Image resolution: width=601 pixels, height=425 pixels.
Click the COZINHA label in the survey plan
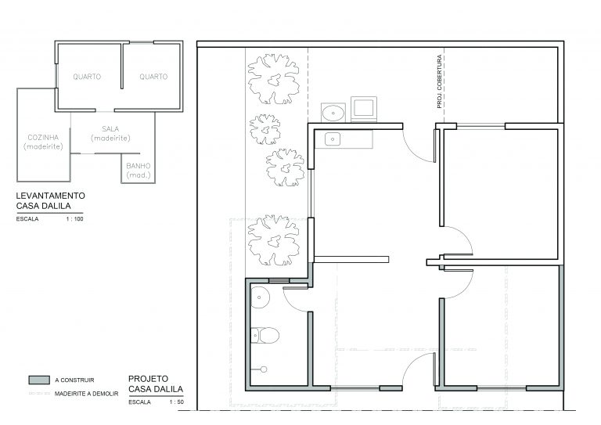pos(43,137)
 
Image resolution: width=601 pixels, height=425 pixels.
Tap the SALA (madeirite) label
pos(110,133)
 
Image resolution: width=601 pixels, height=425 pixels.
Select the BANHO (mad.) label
pos(139,171)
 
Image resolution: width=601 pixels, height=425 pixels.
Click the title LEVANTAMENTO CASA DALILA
pos(50,200)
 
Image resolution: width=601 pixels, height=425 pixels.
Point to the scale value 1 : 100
pos(75,219)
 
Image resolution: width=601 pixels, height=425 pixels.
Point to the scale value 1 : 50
pos(177,402)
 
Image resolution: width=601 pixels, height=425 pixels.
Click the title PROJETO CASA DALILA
pos(156,384)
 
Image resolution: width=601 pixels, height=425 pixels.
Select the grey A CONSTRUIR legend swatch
pos(39,380)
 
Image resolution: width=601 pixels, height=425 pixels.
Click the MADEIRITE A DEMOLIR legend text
pos(86,394)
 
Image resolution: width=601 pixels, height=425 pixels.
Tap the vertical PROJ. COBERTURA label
pos(439,81)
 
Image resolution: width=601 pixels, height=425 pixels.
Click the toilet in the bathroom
pos(265,335)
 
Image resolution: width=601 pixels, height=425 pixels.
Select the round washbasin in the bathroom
pos(261,297)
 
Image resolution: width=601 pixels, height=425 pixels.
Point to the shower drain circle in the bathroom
pos(263,369)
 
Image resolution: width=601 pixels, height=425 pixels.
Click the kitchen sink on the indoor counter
pos(333,139)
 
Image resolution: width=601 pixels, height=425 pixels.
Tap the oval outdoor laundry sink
pos(333,113)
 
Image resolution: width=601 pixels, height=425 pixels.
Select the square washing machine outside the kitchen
pos(363,109)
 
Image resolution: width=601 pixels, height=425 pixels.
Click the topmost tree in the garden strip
pos(273,79)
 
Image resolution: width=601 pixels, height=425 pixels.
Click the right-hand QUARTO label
pos(153,77)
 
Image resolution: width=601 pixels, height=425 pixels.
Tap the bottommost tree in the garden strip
pos(273,240)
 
